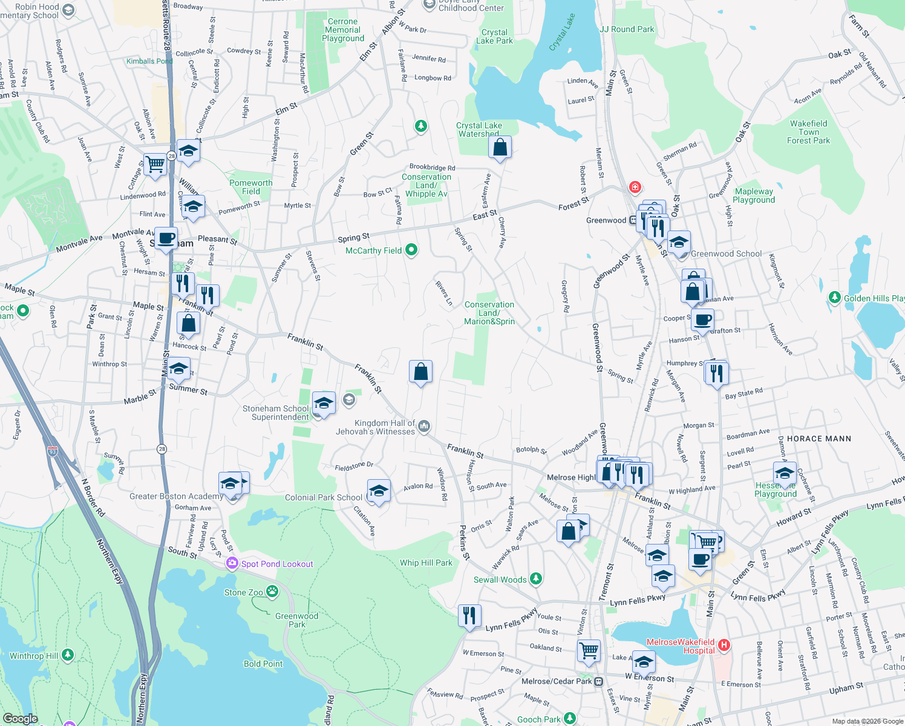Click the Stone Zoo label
coord(243,592)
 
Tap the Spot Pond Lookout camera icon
coord(232,563)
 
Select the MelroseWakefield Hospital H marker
coord(724,646)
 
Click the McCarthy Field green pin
coord(411,250)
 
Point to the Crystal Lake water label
coord(562,32)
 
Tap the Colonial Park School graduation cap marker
coord(379,491)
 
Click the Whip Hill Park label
coord(426,563)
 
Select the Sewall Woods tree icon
coord(535,579)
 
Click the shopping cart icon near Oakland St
coord(588,651)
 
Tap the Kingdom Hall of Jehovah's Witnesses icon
coord(424,427)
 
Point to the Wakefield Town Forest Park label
coord(808,132)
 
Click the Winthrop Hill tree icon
coord(68,655)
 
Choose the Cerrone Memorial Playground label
coord(343,30)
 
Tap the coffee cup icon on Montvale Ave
coord(166,238)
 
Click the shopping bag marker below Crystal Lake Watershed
coord(500,147)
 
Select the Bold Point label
coord(263,664)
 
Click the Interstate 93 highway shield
coord(53,451)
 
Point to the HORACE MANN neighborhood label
coord(818,439)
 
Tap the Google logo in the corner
coord(20,718)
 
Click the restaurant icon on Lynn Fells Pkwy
coord(469,616)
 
